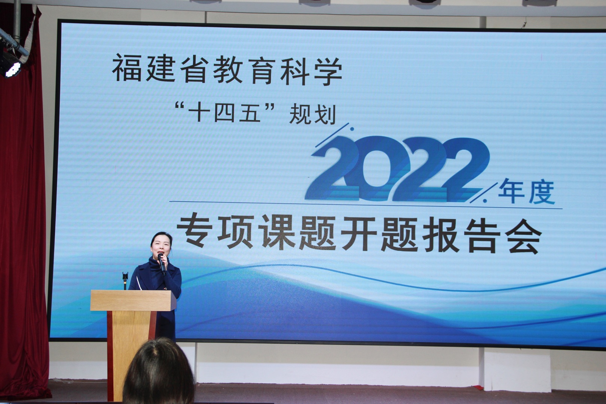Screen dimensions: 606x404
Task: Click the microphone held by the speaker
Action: click(x=162, y=264)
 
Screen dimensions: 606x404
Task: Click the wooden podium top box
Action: click(x=133, y=300)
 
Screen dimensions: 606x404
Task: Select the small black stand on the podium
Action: click(x=125, y=281)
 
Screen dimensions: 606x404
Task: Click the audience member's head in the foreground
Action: click(x=159, y=372)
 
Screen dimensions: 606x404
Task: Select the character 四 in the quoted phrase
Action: click(x=224, y=113)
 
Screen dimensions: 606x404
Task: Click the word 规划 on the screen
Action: click(x=312, y=115)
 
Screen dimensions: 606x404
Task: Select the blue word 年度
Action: click(x=527, y=192)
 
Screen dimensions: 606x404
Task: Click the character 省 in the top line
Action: click(x=193, y=69)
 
